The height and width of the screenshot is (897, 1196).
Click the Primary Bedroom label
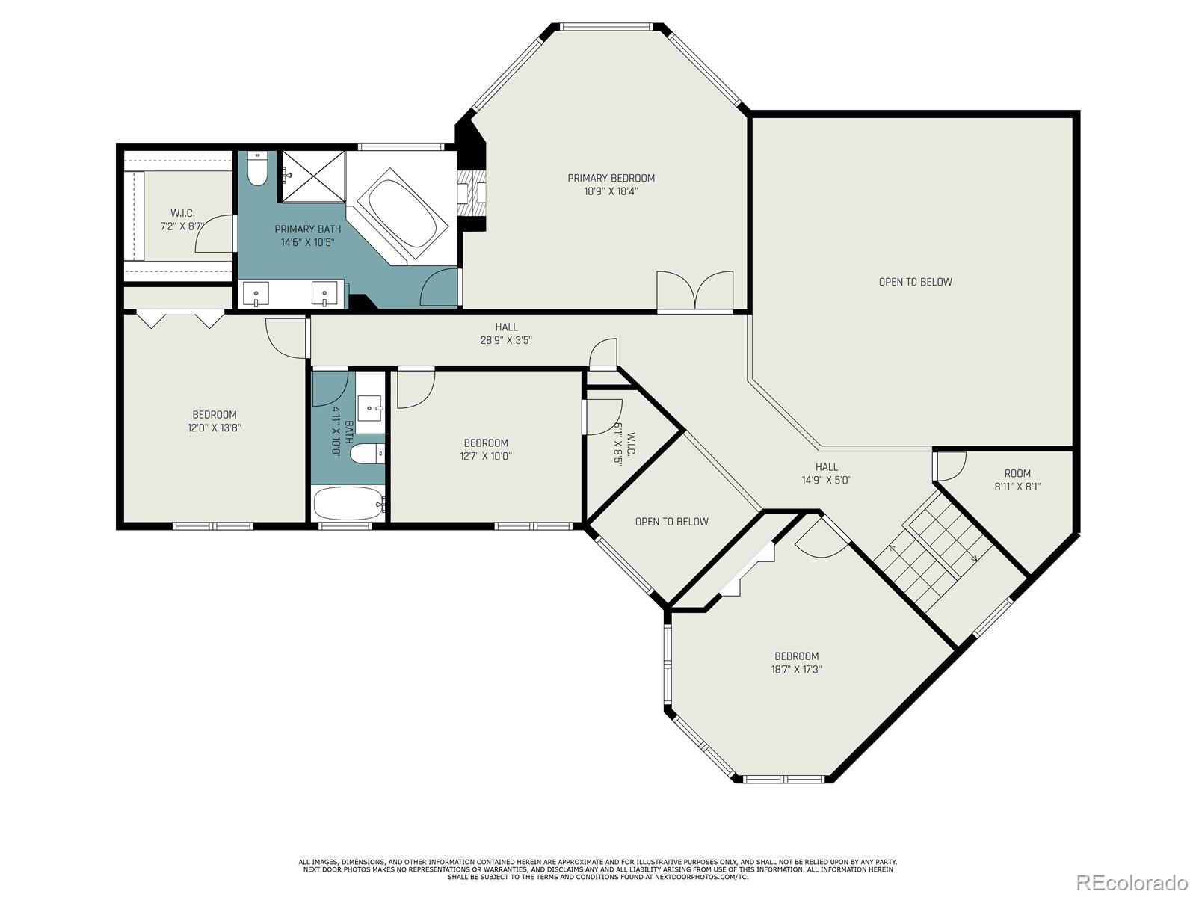click(x=611, y=178)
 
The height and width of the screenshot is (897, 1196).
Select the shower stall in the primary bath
click(x=313, y=176)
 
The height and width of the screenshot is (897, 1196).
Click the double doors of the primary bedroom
click(x=695, y=292)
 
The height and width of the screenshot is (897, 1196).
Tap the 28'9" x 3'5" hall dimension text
click(x=506, y=340)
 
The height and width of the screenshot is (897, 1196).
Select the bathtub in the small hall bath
click(x=348, y=503)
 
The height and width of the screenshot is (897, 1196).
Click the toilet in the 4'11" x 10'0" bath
click(x=366, y=454)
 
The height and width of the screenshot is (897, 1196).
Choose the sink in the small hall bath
click(x=369, y=408)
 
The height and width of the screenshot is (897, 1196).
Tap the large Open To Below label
click(x=915, y=282)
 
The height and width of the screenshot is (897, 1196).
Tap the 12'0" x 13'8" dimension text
click(x=215, y=428)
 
